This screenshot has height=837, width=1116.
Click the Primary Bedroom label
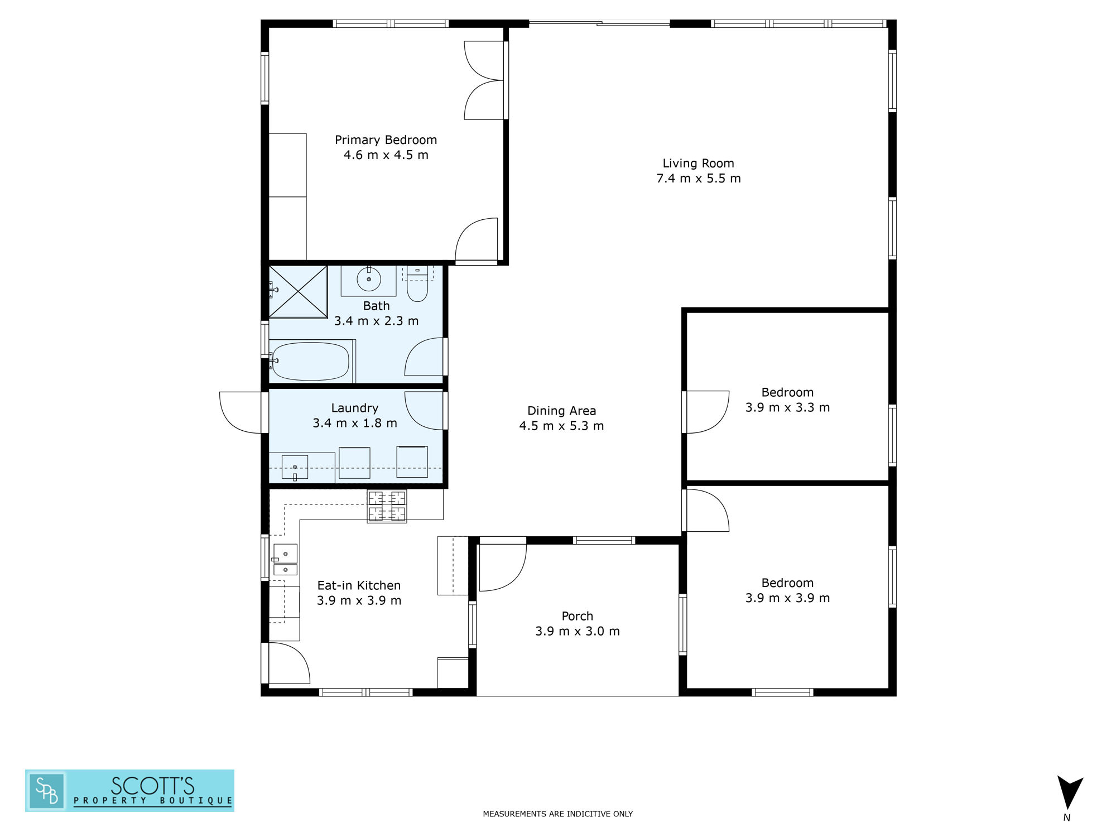[386, 140]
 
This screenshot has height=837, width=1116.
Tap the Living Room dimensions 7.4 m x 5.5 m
[699, 179]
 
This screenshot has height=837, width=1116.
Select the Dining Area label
[561, 411]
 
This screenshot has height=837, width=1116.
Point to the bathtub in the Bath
[311, 361]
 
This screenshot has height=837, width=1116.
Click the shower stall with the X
[298, 292]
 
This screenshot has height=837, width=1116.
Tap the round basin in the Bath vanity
[369, 280]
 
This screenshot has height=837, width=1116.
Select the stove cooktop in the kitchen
[387, 506]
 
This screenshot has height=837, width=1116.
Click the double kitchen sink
[285, 560]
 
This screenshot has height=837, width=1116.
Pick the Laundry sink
[295, 467]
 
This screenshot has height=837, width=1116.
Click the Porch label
[578, 616]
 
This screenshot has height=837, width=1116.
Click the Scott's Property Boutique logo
[129, 791]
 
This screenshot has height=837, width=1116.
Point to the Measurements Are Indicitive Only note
[558, 814]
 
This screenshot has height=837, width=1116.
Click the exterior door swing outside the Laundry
[240, 412]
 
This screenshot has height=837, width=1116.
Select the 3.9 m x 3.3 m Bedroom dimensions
[787, 408]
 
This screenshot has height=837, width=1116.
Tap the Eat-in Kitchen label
[359, 585]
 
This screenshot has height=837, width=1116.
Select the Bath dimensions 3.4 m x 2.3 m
[376, 321]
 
